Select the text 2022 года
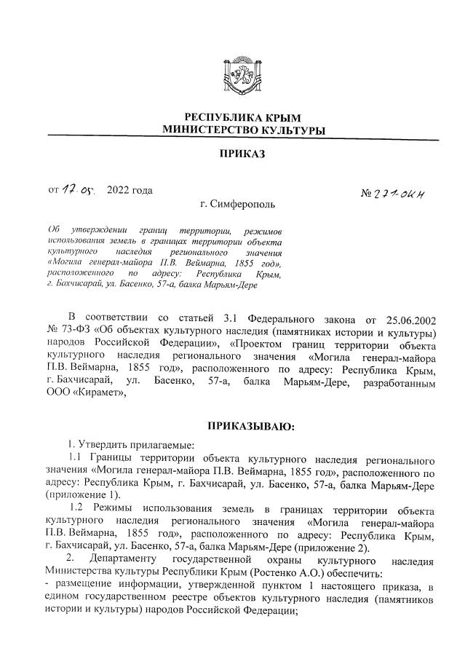(x=130, y=192)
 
